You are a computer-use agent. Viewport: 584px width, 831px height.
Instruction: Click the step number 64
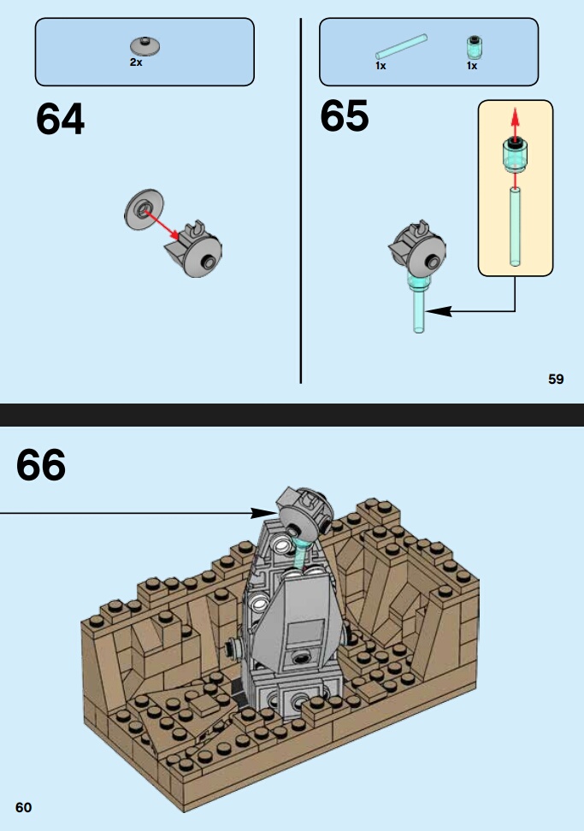(60, 119)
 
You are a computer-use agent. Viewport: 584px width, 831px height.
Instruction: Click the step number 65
(344, 116)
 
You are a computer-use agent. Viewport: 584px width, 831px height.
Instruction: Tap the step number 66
(41, 465)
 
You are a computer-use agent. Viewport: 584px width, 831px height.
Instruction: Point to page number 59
(556, 379)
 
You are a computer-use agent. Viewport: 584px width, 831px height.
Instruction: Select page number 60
(23, 807)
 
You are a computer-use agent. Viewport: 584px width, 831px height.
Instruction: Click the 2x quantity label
(136, 62)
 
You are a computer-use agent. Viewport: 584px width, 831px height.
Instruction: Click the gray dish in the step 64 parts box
(145, 46)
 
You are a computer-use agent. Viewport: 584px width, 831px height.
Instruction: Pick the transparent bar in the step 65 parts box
(401, 47)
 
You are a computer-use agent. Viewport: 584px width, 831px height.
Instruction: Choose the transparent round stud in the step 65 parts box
(475, 47)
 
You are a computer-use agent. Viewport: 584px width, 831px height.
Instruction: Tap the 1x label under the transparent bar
(380, 66)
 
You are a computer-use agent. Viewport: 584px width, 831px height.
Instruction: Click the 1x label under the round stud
(472, 66)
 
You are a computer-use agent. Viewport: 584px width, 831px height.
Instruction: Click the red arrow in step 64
(162, 225)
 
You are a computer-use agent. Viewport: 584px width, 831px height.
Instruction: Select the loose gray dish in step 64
(144, 209)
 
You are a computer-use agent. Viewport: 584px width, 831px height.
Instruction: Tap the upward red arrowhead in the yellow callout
(515, 116)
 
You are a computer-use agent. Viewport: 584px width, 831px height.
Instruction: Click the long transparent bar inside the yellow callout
(515, 227)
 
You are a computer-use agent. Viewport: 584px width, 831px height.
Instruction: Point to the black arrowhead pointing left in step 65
(439, 311)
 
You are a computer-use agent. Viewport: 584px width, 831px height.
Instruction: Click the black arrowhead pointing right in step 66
(263, 512)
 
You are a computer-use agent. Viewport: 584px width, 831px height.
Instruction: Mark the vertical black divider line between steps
(300, 200)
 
